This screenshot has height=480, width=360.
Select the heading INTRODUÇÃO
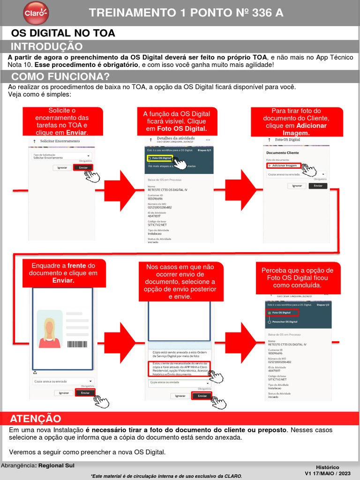pyautogui.click(x=46, y=46)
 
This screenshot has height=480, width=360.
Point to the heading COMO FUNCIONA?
pyautogui.click(x=60, y=76)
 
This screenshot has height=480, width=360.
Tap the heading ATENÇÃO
pyautogui.click(x=36, y=419)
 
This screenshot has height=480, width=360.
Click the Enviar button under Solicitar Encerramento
pyautogui.click(x=83, y=167)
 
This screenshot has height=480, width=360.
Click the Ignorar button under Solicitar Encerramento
pyautogui.click(x=62, y=167)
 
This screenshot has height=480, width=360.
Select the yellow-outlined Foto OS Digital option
pyautogui.click(x=159, y=158)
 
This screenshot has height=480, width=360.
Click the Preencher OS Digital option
pyautogui.click(x=285, y=322)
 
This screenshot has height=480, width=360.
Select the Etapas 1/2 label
pyautogui.click(x=323, y=305)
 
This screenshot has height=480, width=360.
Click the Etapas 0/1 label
pyautogui.click(x=205, y=150)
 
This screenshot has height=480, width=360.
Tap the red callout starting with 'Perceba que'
pyautogui.click(x=297, y=277)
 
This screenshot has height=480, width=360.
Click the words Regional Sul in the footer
pyautogui.click(x=56, y=465)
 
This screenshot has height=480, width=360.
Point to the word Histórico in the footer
pyautogui.click(x=328, y=467)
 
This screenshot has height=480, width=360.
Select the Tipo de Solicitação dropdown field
pyautogui.click(x=61, y=156)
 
